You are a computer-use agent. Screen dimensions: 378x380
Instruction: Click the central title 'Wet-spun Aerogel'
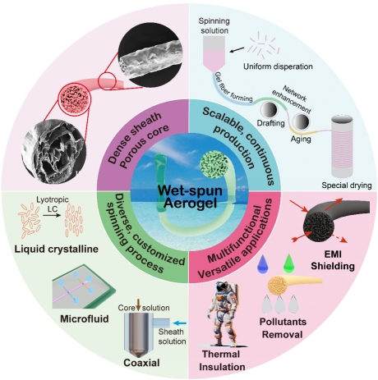(190, 197)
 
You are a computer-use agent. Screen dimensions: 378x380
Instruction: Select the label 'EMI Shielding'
(333, 260)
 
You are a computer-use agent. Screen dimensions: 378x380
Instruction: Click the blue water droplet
(263, 263)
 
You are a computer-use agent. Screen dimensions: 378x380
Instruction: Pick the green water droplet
(288, 263)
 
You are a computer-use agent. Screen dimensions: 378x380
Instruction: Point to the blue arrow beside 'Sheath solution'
(180, 323)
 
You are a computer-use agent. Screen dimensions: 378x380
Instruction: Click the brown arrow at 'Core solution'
(139, 305)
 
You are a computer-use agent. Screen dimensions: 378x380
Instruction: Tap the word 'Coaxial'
(141, 363)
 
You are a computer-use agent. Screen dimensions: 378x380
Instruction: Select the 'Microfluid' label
(85, 319)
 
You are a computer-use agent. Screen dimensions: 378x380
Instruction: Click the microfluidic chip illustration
(84, 287)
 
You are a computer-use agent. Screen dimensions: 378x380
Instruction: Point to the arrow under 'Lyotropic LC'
(52, 216)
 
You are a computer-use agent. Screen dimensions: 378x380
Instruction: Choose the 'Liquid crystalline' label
(56, 249)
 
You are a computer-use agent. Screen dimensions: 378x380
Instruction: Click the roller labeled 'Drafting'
(269, 109)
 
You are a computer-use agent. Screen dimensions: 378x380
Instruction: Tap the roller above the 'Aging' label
(301, 121)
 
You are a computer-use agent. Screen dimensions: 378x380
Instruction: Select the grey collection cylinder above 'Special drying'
(342, 146)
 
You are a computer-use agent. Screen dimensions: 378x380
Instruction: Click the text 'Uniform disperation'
(278, 66)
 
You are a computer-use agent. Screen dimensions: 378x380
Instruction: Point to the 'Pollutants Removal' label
(283, 328)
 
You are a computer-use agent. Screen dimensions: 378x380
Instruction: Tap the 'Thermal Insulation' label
(222, 360)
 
